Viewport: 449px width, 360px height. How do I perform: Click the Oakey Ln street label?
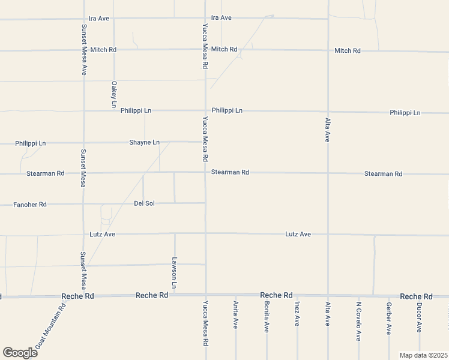pyautogui.click(x=113, y=94)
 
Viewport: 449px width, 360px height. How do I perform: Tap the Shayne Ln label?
pyautogui.click(x=144, y=142)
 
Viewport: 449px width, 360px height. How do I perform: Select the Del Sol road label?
pyautogui.click(x=144, y=203)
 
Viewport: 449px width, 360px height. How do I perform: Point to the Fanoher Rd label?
pyautogui.click(x=30, y=205)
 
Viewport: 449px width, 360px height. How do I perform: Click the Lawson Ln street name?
pyautogui.click(x=174, y=274)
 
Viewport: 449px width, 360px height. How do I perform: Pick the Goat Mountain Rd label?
pyautogui.click(x=51, y=327)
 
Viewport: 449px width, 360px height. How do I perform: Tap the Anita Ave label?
pyautogui.click(x=235, y=314)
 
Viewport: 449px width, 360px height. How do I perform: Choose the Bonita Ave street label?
pyautogui.click(x=266, y=316)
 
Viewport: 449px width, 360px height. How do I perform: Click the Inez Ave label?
pyautogui.click(x=297, y=314)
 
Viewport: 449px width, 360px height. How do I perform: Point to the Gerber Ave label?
pyautogui.click(x=389, y=318)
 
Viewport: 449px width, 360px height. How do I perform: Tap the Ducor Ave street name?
pyautogui.click(x=420, y=316)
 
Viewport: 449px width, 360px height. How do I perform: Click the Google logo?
pyautogui.click(x=20, y=353)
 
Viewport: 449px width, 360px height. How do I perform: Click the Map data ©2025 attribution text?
pyautogui.click(x=423, y=355)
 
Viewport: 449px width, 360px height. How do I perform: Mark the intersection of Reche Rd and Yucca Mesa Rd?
pyautogui.click(x=205, y=295)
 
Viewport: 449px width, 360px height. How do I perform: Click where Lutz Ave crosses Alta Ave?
pyautogui.click(x=328, y=234)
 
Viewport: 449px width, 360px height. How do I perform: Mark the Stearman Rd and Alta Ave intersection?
pyautogui.click(x=328, y=173)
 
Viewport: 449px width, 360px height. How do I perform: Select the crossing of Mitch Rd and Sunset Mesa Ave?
pyautogui.click(x=83, y=50)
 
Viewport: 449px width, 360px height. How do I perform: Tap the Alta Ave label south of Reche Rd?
pyautogui.click(x=328, y=314)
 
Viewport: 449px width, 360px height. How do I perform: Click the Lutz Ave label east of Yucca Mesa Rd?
pyautogui.click(x=298, y=234)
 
